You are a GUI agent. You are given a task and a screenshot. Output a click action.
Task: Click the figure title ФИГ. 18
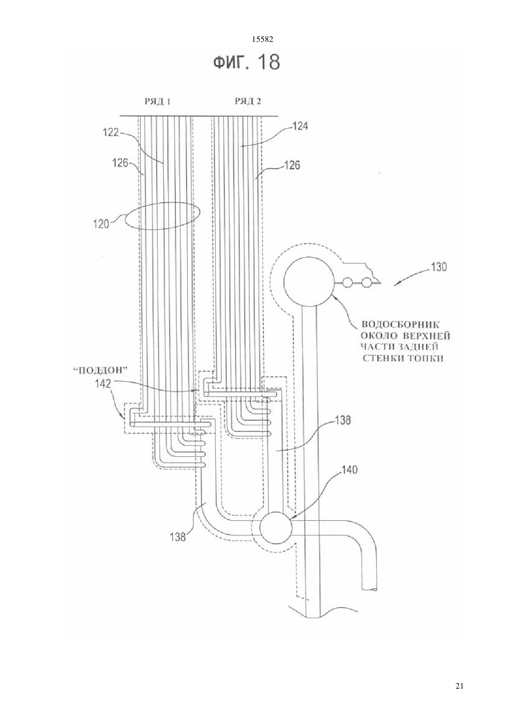[x=246, y=62]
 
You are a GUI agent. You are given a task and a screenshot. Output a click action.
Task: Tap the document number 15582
[x=263, y=40]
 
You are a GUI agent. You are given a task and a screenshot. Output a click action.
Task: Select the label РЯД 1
[x=158, y=102]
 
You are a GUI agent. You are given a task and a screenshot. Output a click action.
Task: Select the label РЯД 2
[x=248, y=102]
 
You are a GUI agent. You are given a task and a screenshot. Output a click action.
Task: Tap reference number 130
[x=438, y=267]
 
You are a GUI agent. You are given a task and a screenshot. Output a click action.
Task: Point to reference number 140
[x=349, y=470]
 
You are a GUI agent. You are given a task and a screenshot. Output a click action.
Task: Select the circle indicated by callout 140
[x=276, y=527]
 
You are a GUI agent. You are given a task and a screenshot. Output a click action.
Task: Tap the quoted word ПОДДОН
[x=99, y=369]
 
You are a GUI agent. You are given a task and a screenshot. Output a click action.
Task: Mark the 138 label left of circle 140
[x=178, y=537]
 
